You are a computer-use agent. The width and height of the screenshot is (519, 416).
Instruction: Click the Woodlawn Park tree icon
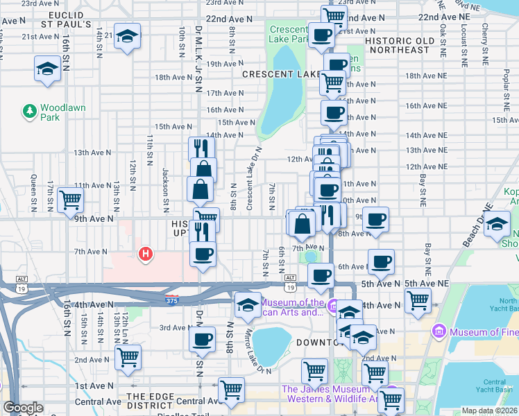pos(30,110)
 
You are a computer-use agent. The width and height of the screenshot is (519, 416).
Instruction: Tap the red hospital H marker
pos(146,254)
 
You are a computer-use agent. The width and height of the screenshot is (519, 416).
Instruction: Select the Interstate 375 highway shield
pos(172,299)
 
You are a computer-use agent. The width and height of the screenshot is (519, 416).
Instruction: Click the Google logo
pos(23,408)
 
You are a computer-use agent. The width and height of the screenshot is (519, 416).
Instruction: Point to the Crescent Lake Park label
pos(288,35)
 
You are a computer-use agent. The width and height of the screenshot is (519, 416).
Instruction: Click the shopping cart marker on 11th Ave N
pos(71,200)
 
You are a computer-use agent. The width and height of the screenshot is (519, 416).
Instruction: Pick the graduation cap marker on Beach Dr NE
pos(497,225)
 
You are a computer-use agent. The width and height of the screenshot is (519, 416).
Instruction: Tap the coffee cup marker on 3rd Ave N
pos(203,340)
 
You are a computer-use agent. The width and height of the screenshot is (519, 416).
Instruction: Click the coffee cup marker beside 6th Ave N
pos(381,262)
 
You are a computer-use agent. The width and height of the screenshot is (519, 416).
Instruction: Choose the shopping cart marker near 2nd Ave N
pos(128,357)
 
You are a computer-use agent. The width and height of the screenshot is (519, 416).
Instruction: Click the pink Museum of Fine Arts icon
pos(438,332)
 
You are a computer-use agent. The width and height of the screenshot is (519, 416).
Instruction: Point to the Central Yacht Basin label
pos(494,386)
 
